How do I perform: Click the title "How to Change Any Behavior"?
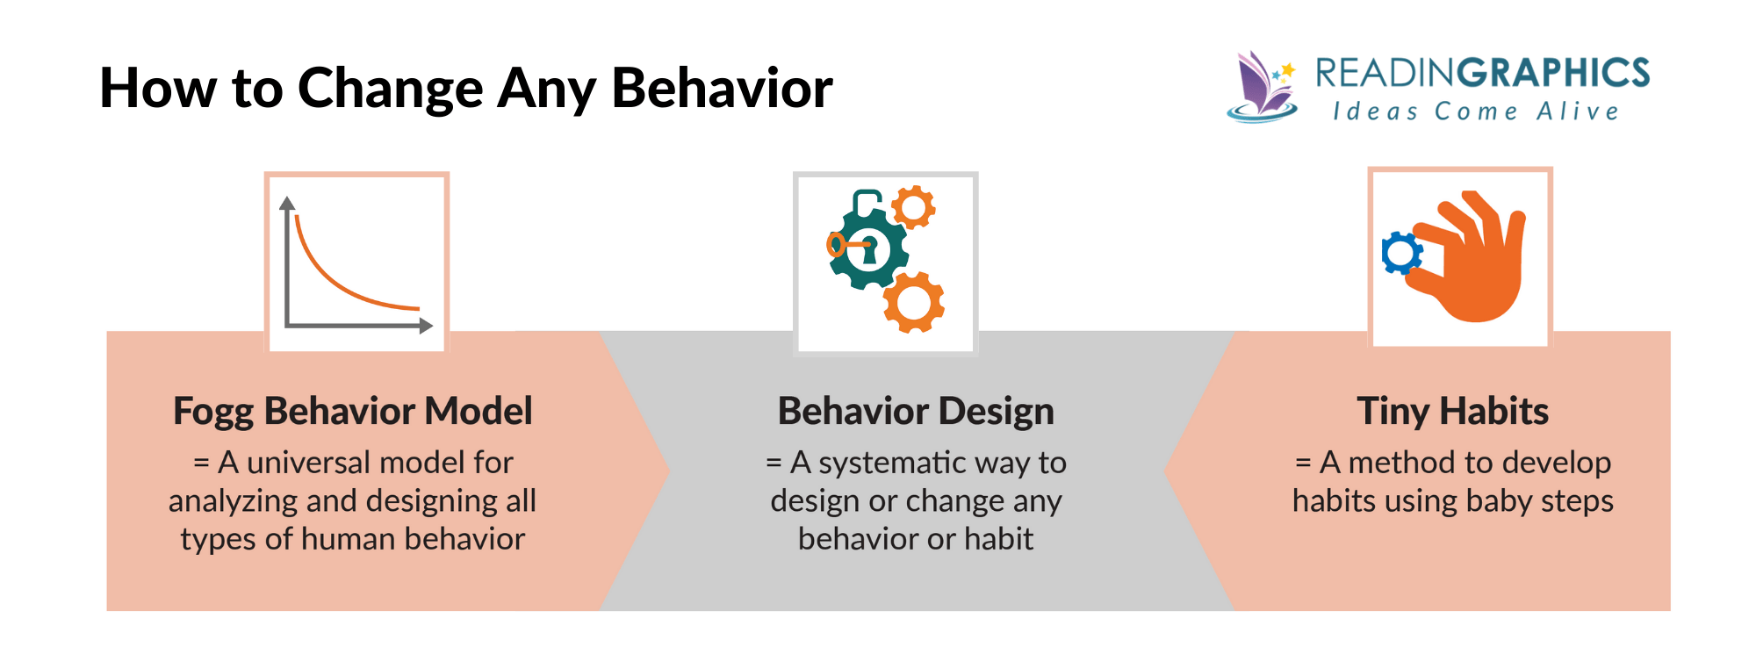[465, 88]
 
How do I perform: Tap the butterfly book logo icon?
[1262, 86]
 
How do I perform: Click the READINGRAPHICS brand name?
[1482, 73]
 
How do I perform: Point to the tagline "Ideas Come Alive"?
[1476, 111]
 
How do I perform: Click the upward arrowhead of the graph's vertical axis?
[287, 204]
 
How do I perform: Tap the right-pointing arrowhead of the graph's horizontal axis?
[426, 326]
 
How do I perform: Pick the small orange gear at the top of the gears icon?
[913, 207]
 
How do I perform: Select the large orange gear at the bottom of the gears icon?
[913, 303]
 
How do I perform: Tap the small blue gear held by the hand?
[1401, 253]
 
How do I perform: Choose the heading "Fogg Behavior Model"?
[352, 411]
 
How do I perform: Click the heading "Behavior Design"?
[916, 411]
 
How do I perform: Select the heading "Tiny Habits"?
[1452, 411]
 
